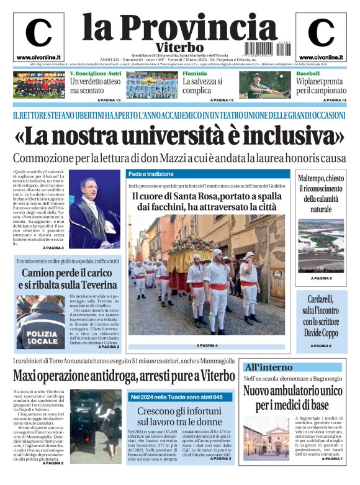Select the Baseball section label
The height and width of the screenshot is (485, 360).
pyautogui.click(x=308, y=74)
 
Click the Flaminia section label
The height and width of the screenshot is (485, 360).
pyautogui.click(x=194, y=74)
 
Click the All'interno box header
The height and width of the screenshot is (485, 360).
pyautogui.click(x=264, y=366)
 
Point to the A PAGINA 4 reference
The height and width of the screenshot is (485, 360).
pyautogui.click(x=207, y=345)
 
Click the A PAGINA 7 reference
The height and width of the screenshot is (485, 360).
pyautogui.click(x=333, y=459)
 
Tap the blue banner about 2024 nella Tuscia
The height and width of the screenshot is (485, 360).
pyautogui.click(x=176, y=397)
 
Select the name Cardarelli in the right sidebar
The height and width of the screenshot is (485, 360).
pyautogui.click(x=318, y=299)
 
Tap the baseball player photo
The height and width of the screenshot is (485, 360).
pyautogui.click(x=259, y=85)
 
